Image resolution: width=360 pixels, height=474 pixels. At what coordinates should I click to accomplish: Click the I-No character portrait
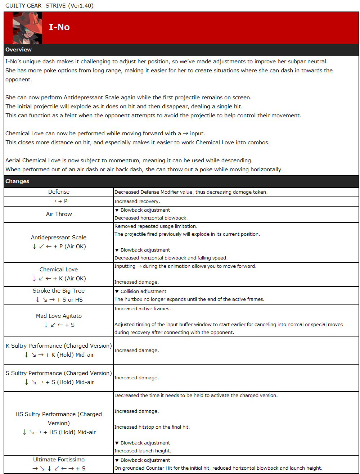(27, 28)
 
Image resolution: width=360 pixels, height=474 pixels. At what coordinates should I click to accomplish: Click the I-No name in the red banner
(59, 27)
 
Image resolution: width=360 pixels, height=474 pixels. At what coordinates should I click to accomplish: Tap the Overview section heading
(18, 50)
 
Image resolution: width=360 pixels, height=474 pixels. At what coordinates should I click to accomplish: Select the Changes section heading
(17, 181)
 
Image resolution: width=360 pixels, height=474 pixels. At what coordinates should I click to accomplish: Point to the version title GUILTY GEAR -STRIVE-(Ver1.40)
(49, 6)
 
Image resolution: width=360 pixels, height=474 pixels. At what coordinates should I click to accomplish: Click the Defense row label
(59, 192)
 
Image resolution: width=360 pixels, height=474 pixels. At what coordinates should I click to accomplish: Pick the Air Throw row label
(59, 214)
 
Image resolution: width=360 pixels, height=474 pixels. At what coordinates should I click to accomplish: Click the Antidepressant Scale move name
(59, 238)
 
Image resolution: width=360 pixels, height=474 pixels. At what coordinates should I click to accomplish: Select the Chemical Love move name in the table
(59, 270)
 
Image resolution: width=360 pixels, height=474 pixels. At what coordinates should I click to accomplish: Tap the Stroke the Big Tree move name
(59, 291)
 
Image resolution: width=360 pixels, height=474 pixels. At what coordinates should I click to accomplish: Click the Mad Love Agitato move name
(59, 316)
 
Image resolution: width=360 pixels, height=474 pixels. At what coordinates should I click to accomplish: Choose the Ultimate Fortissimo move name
(59, 460)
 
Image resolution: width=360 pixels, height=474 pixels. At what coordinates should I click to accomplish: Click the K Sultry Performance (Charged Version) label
(59, 346)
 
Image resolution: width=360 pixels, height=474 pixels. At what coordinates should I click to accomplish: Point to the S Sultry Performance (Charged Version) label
(59, 373)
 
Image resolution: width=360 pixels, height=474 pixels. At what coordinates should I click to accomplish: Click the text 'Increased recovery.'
(137, 202)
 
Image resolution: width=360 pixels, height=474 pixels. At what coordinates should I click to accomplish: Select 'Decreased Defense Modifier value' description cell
(191, 192)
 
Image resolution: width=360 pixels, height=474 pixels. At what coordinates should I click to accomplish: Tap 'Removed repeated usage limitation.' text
(156, 226)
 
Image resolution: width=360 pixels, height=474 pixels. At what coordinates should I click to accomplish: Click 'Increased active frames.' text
(143, 309)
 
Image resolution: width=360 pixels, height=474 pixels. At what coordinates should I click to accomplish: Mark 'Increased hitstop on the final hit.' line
(152, 427)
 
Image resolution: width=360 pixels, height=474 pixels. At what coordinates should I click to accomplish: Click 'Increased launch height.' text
(143, 451)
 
